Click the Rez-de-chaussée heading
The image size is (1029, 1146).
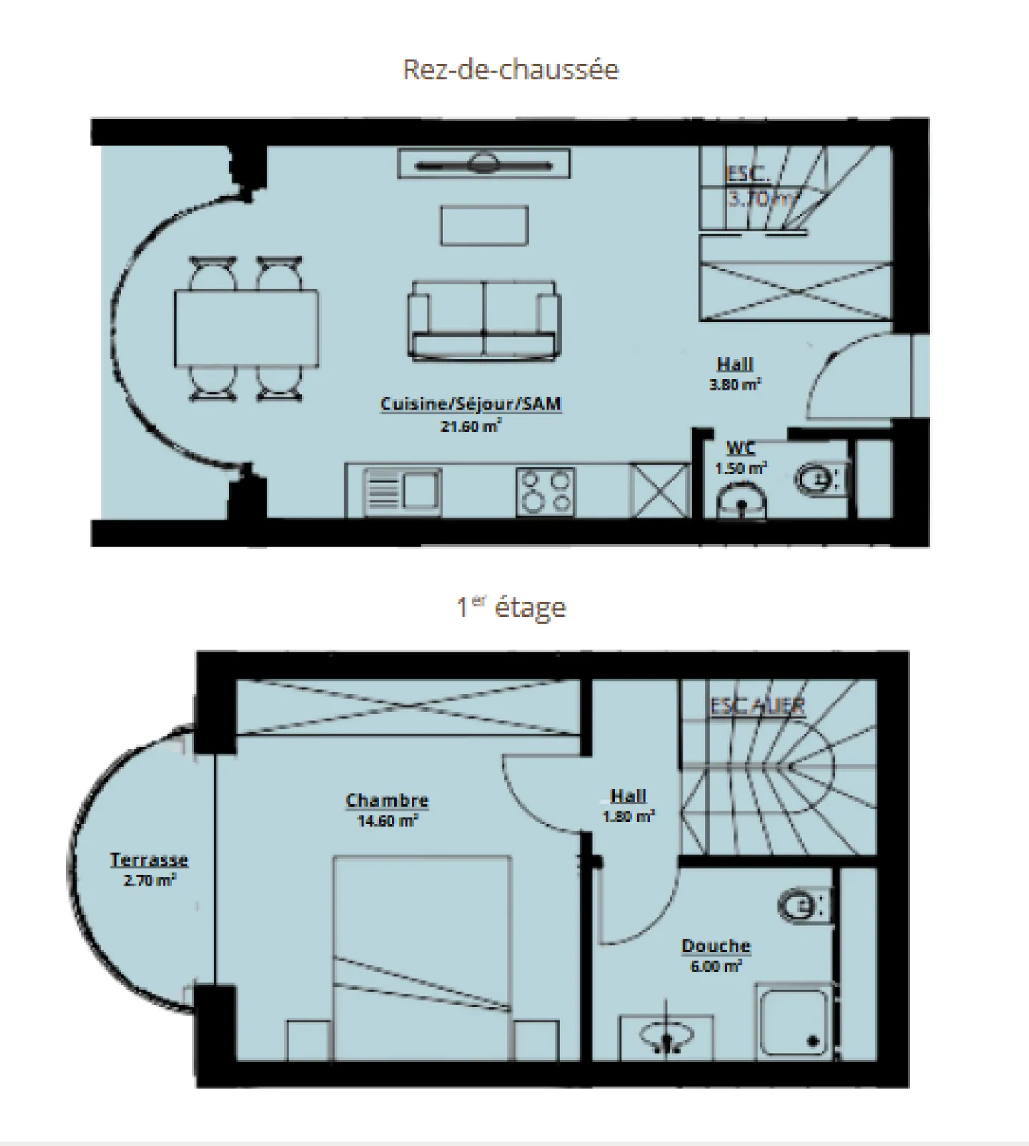point(510,70)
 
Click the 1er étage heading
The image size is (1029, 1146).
point(510,608)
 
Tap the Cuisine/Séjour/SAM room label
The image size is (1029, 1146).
point(470,404)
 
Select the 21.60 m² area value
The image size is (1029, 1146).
point(470,427)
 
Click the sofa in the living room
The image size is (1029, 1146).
point(484,319)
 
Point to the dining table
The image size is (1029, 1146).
point(247,328)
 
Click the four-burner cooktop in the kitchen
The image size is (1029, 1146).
point(545,492)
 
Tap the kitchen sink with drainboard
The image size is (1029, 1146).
point(402,492)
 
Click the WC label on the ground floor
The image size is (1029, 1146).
point(740,449)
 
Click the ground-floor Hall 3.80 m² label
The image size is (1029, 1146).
point(735,374)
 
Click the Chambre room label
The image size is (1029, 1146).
point(387,801)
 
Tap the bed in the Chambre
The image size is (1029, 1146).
point(422,957)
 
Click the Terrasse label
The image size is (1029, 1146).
point(149,860)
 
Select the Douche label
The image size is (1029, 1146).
point(715,946)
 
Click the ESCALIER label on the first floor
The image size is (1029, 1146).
point(757,706)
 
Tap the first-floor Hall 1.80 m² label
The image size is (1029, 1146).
point(628,805)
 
